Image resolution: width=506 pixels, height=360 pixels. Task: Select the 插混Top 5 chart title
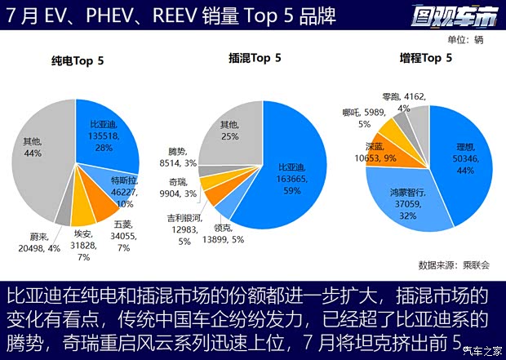point(255,57)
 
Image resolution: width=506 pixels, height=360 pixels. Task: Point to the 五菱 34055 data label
point(123,235)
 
